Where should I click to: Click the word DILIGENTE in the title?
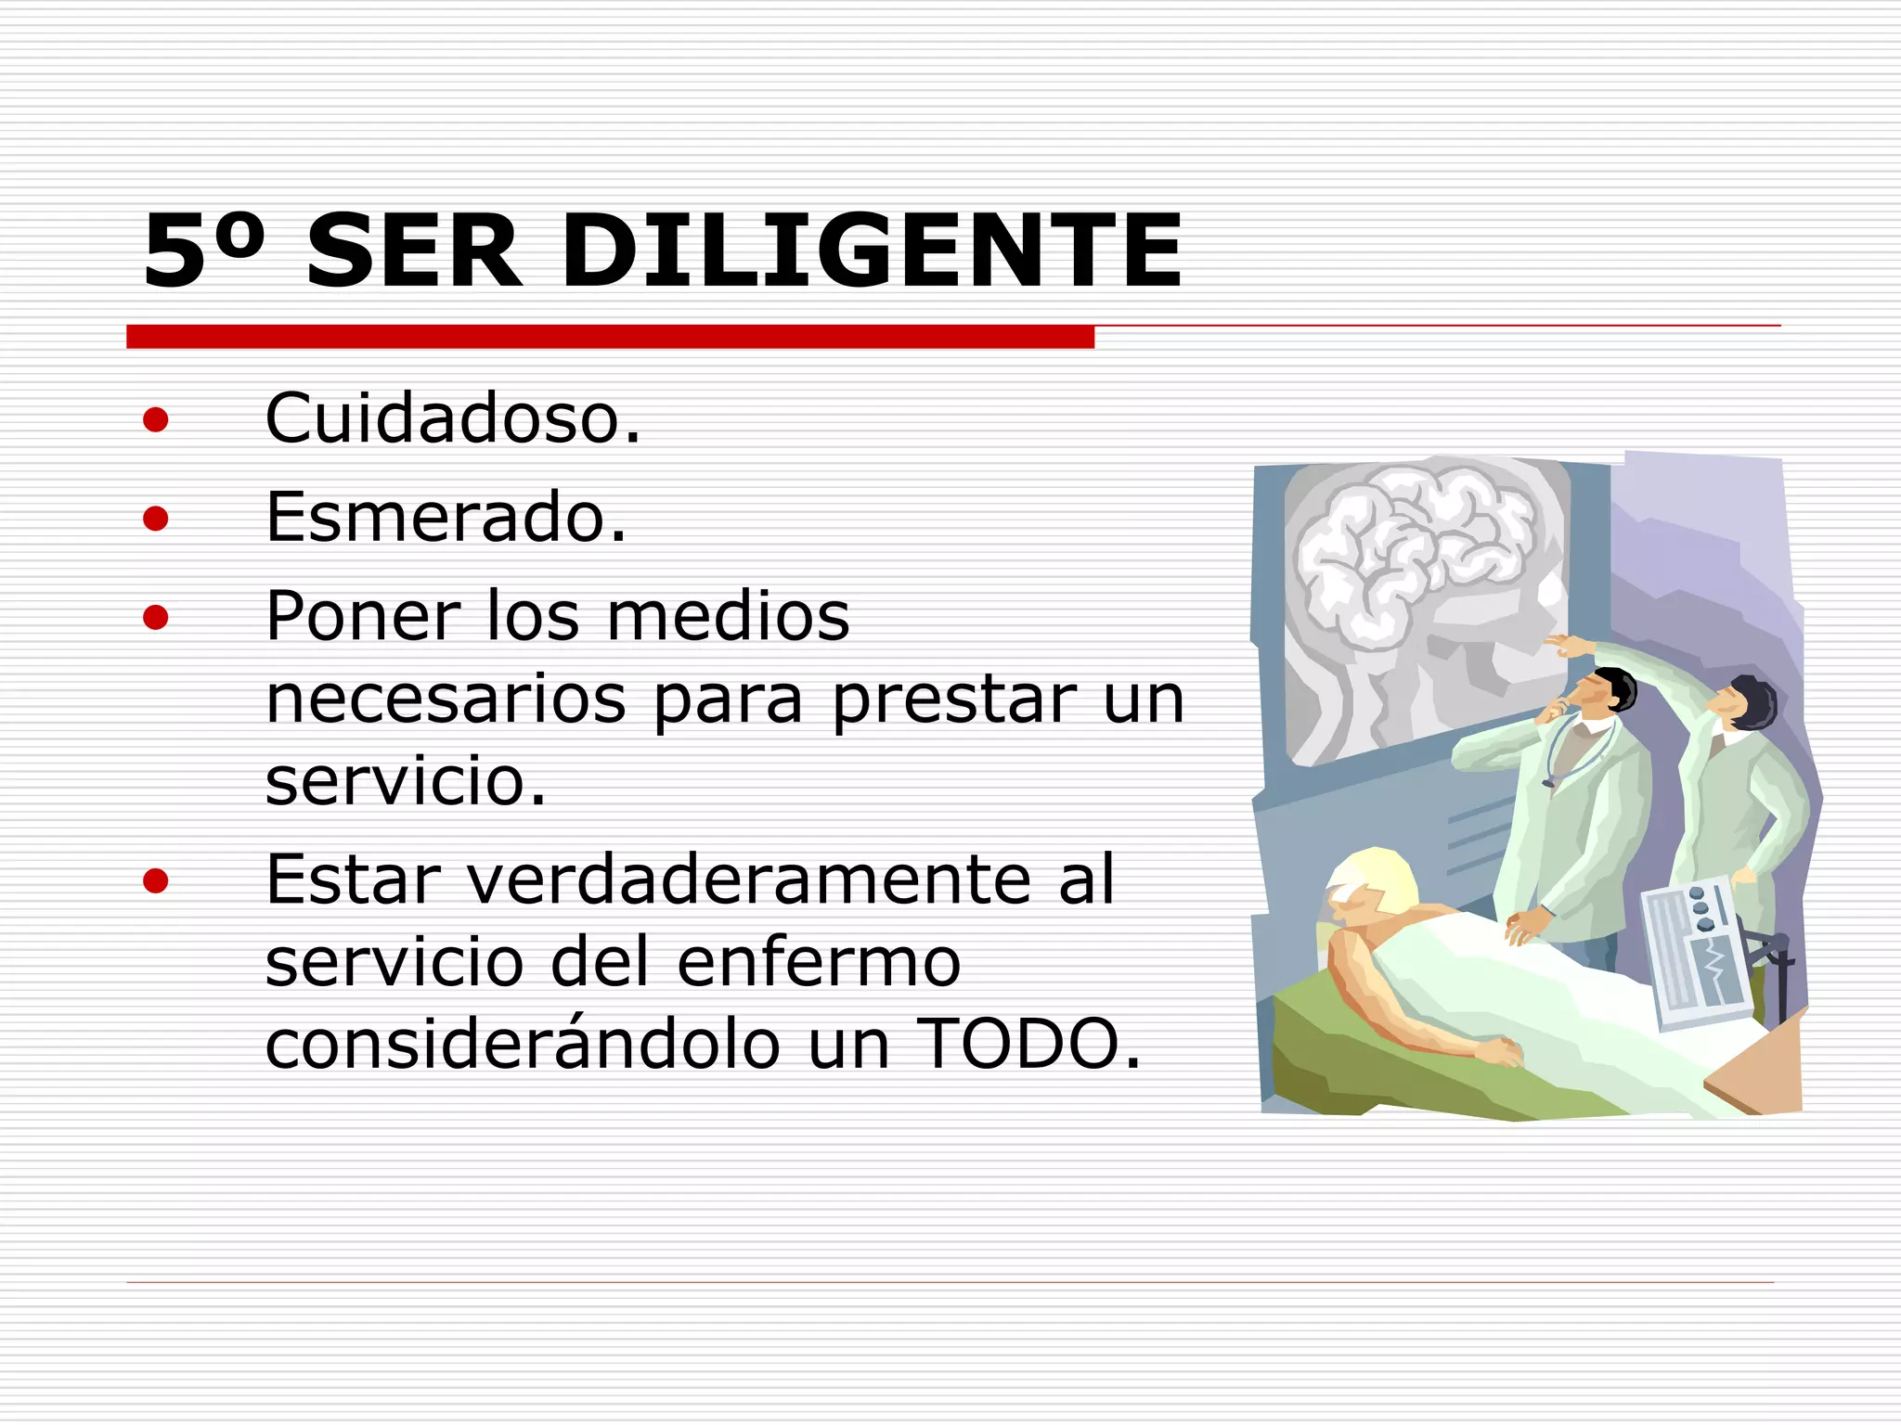872,250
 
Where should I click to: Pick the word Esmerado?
446,517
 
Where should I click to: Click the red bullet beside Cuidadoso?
156,420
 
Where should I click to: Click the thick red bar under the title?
610,337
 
